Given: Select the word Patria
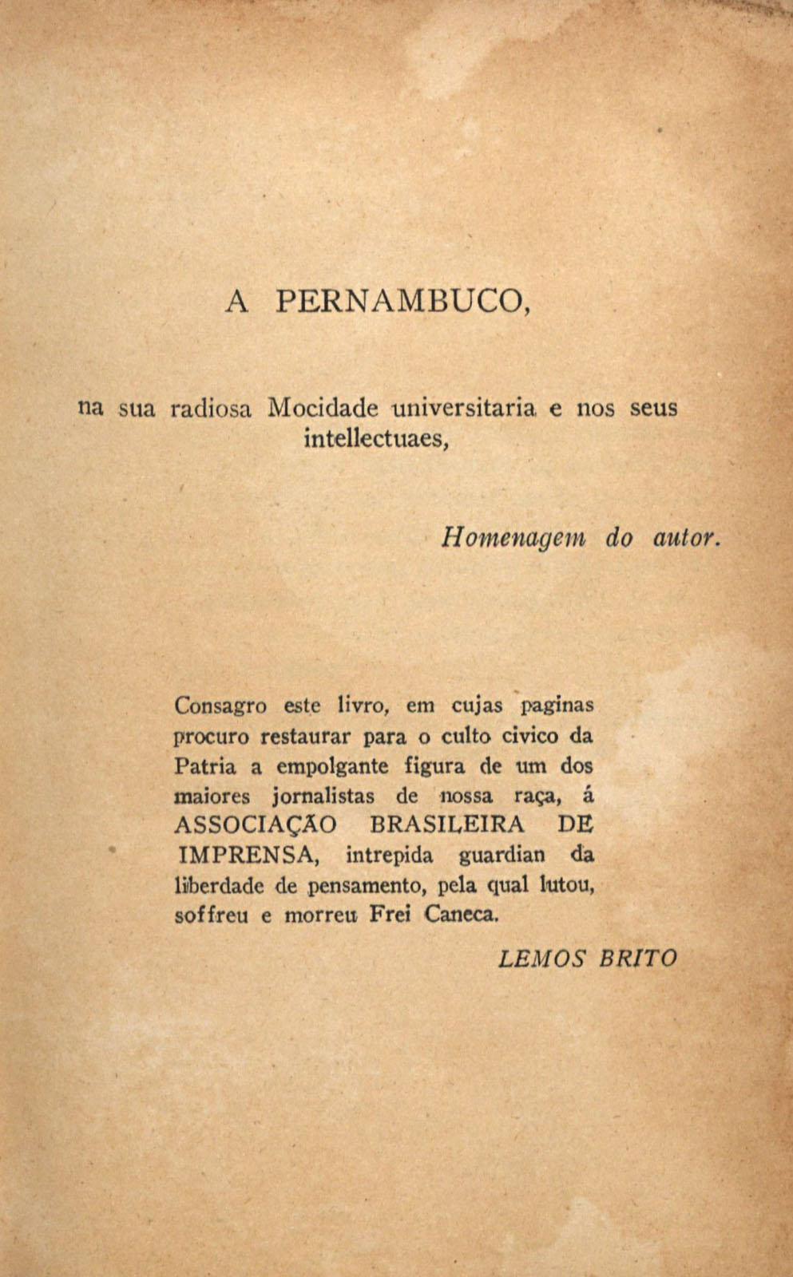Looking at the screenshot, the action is (205, 766).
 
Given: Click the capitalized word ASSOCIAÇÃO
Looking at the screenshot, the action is (256, 824).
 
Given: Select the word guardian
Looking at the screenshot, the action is (502, 856).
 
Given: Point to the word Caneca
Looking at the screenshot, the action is (462, 915).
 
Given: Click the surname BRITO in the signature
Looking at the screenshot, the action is (638, 958).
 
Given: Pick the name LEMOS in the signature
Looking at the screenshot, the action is (542, 958).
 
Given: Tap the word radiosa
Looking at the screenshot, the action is (211, 409).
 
